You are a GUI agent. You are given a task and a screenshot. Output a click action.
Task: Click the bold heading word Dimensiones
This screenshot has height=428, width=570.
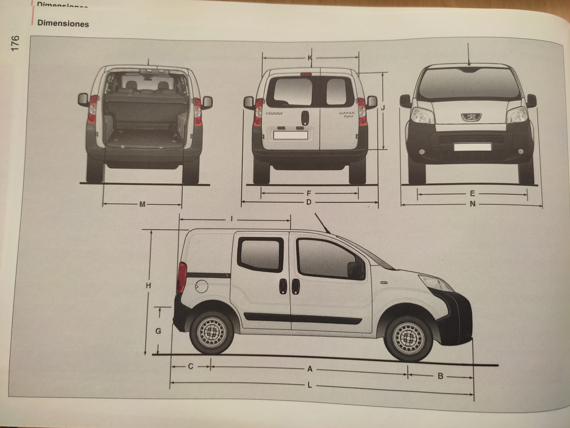[63, 24]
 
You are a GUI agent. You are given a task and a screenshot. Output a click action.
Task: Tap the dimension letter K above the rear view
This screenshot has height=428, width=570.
[310, 58]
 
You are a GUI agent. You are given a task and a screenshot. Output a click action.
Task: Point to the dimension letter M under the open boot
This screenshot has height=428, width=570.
[142, 204]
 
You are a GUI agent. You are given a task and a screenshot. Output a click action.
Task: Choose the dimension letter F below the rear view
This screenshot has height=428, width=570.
[309, 193]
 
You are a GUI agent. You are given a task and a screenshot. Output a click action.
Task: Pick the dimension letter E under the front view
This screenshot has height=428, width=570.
[472, 193]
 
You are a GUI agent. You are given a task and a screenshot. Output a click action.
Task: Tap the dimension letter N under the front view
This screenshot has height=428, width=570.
[472, 204]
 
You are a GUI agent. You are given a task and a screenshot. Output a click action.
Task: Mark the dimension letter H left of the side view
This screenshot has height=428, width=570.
[148, 285]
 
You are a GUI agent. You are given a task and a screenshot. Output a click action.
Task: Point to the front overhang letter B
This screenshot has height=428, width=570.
[440, 376]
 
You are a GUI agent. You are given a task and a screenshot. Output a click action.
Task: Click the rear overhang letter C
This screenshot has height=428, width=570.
[191, 366]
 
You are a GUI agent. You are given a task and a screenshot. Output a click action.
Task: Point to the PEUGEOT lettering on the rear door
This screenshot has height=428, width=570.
[274, 113]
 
